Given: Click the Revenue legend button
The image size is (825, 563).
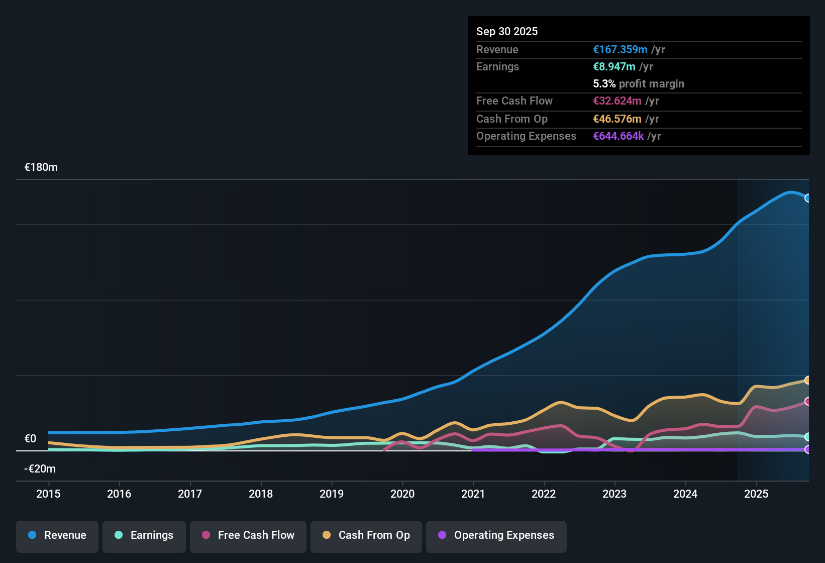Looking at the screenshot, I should (x=57, y=535).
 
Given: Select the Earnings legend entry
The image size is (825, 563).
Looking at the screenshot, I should (x=144, y=535).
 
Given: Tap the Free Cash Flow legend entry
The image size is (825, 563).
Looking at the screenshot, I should (x=248, y=535).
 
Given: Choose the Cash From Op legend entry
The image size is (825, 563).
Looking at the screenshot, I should (x=366, y=535).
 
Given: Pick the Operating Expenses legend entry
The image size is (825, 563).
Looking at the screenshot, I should (x=496, y=535).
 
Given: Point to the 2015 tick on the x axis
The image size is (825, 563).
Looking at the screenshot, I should (x=48, y=494).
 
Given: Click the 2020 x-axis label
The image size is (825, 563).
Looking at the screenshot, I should (x=402, y=494).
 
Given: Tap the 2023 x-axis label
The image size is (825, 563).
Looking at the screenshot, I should (x=614, y=494).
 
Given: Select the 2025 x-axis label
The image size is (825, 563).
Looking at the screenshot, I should (x=756, y=494).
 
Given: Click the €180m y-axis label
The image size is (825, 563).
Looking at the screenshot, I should (x=41, y=167).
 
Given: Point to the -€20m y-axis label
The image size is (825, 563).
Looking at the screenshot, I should (x=40, y=469).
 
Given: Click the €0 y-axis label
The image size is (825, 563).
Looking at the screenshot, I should (x=31, y=439).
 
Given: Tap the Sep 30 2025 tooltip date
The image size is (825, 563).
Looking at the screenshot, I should (x=507, y=31).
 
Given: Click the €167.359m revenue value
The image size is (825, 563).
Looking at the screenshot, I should (x=620, y=49).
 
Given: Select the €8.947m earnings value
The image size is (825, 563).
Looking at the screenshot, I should (x=614, y=66).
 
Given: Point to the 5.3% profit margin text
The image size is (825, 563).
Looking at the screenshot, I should (x=639, y=83).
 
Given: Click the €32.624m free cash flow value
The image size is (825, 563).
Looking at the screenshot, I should (x=617, y=101).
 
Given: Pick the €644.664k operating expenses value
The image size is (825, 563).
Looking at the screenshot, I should (x=618, y=136).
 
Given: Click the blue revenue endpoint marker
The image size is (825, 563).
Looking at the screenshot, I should (x=807, y=198).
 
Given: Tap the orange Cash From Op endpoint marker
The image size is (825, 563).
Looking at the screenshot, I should (x=807, y=380).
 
